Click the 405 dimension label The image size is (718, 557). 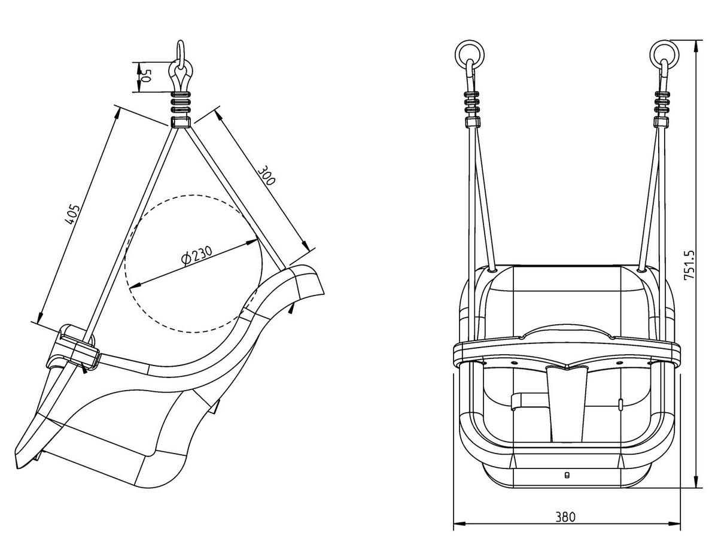72,215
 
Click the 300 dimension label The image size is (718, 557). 266,174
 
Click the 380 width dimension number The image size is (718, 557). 565,516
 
